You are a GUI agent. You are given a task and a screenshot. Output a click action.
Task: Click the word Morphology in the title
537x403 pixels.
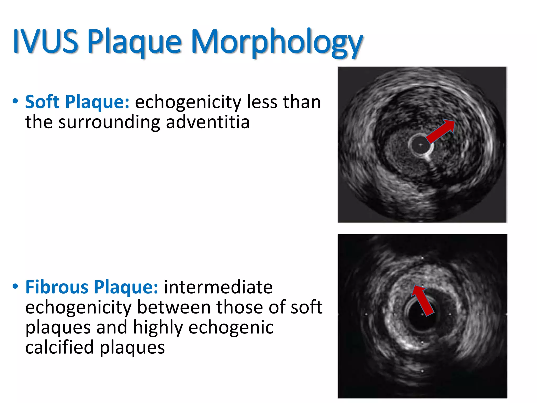coord(277,42)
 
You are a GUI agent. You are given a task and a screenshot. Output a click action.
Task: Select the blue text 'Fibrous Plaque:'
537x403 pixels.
coord(92,287)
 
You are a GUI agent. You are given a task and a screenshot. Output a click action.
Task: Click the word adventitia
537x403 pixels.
coord(208,122)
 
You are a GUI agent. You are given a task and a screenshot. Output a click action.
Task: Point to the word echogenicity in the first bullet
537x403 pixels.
coord(188,102)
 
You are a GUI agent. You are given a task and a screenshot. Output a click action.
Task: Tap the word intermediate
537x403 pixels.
coord(218,287)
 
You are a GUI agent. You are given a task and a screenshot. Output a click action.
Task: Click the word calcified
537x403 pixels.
coord(59,347)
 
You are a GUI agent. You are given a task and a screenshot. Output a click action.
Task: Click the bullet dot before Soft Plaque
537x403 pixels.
coord(15,101)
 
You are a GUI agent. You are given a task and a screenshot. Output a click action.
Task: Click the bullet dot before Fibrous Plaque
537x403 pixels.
coord(15,286)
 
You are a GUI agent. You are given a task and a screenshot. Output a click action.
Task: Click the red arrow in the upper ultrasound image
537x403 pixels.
coord(441,131)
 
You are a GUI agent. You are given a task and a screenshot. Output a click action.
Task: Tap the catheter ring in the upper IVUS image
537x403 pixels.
coord(421,145)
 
